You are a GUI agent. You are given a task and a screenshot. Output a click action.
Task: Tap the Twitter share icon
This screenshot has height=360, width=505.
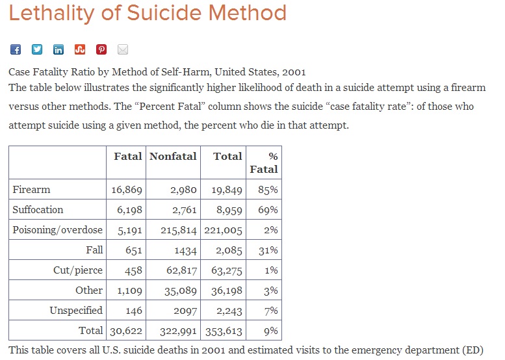click(37, 49)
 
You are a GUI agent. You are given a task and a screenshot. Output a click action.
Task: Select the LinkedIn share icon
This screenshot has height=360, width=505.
click(58, 49)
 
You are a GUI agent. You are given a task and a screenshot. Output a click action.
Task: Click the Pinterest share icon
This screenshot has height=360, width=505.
click(101, 49)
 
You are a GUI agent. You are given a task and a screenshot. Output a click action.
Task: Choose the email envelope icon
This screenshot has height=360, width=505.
click(123, 49)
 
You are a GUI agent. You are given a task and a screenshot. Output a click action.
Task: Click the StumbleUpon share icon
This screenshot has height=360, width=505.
click(80, 49)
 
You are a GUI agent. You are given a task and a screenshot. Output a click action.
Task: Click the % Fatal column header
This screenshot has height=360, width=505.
click(264, 162)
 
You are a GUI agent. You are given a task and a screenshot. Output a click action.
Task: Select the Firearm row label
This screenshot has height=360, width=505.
click(31, 190)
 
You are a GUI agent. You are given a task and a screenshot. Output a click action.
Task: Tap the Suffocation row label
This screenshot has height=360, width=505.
click(38, 210)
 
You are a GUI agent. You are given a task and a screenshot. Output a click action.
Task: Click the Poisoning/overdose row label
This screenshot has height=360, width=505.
click(57, 230)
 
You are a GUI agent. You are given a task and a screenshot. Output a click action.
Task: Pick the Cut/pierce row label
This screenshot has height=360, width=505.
click(78, 270)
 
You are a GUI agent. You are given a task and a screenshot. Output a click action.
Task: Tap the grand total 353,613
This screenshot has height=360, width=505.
click(224, 331)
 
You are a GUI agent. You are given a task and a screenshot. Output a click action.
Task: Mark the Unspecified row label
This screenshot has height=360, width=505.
click(76, 311)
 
